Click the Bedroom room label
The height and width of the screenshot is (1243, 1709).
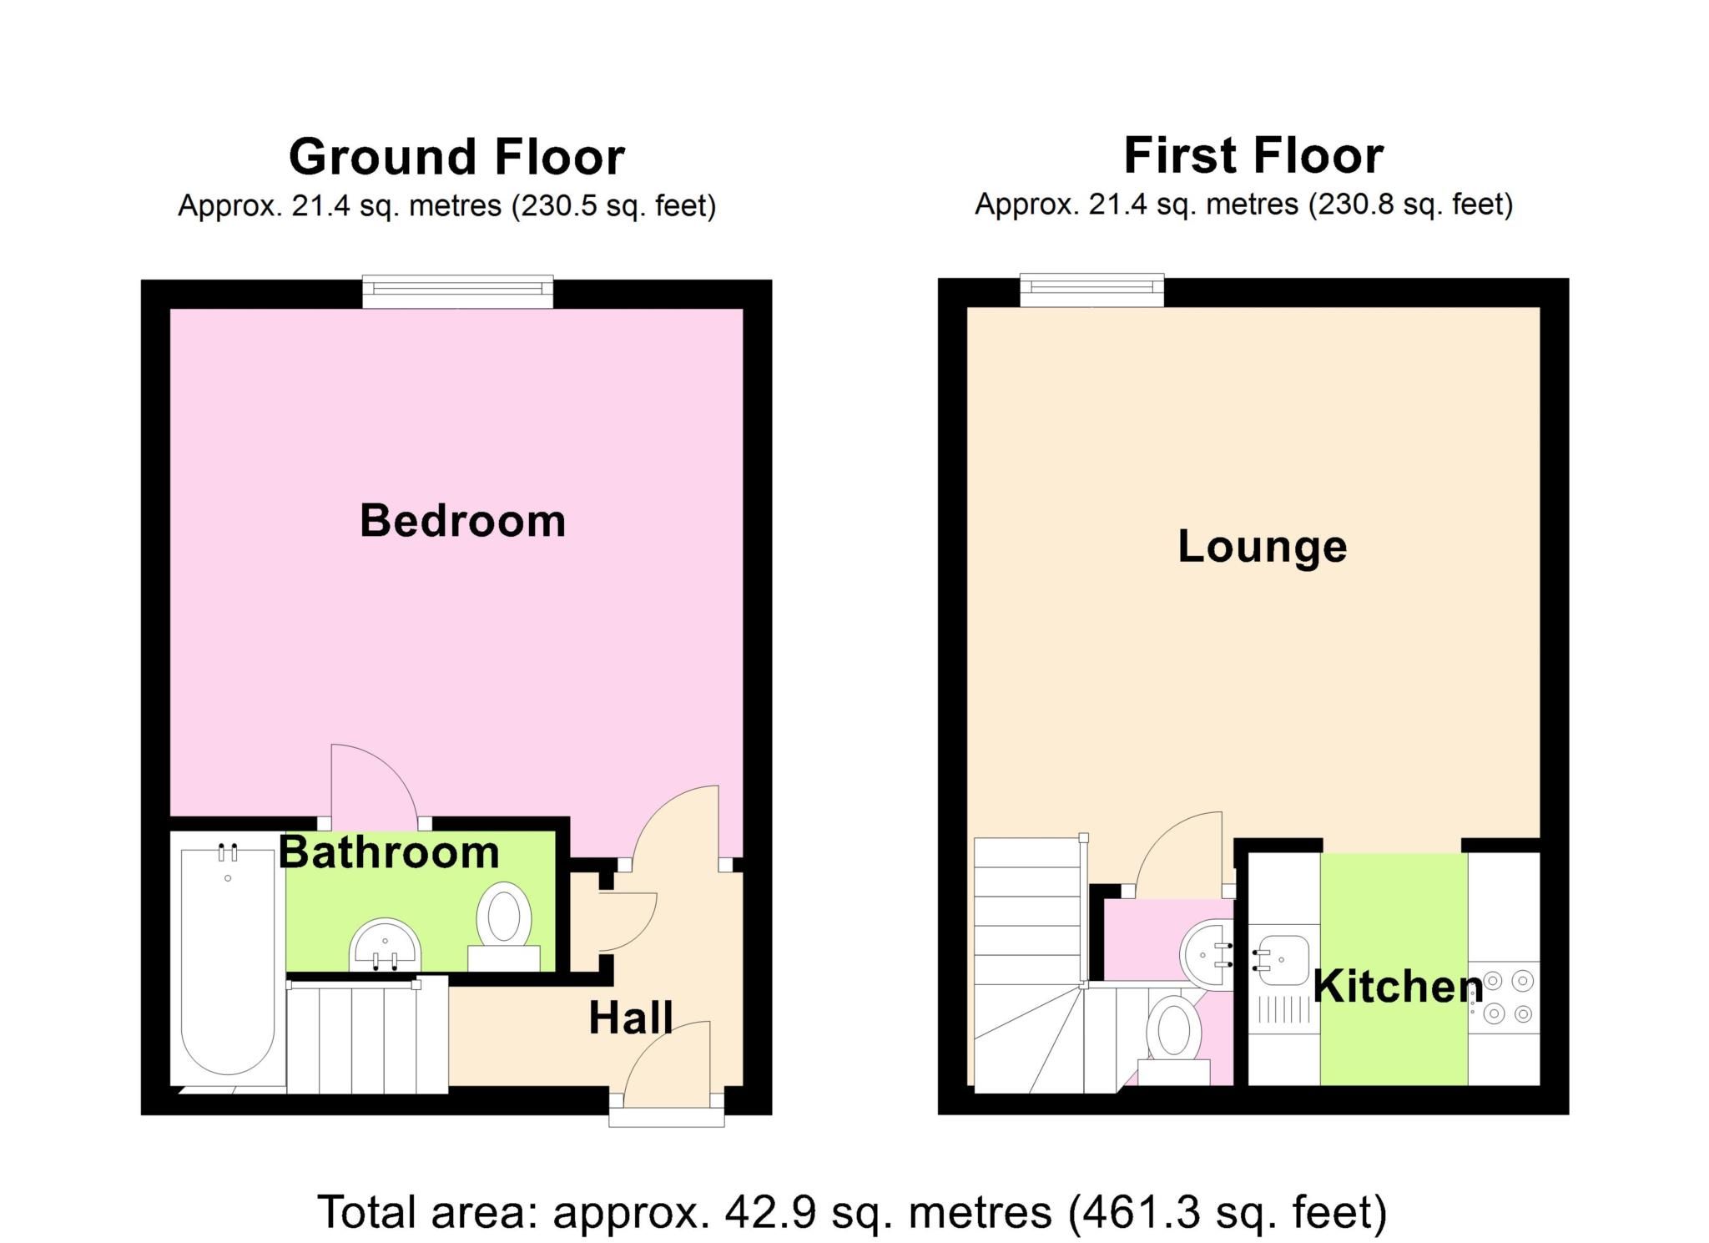pyautogui.click(x=462, y=521)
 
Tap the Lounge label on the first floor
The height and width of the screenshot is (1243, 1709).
pyautogui.click(x=1262, y=547)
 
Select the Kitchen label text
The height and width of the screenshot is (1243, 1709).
pyautogui.click(x=1398, y=987)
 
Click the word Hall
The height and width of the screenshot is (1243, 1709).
pyautogui.click(x=630, y=1018)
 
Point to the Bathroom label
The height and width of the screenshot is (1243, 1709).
pyautogui.click(x=389, y=852)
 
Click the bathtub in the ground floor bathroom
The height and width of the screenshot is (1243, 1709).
pyautogui.click(x=227, y=960)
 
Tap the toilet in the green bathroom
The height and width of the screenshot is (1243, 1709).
pyautogui.click(x=504, y=927)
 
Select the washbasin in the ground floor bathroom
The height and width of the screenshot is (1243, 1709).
pyautogui.click(x=385, y=947)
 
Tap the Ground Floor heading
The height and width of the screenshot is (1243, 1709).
pyautogui.click(x=456, y=157)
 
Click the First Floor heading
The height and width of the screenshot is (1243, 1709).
pyautogui.click(x=1253, y=155)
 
